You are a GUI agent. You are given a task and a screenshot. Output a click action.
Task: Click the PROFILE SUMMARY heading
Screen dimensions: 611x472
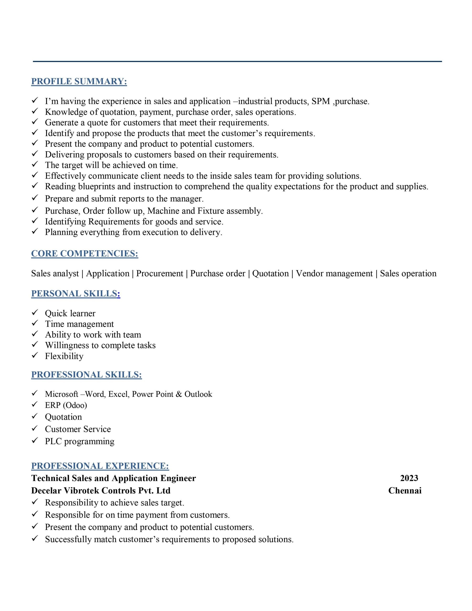(x=79, y=81)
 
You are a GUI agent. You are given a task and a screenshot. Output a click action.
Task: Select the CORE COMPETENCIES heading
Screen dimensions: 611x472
(x=84, y=253)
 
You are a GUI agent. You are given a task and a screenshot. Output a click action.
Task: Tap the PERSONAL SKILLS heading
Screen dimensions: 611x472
(x=76, y=294)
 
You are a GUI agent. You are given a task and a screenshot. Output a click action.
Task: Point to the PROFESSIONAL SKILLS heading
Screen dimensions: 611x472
(x=86, y=375)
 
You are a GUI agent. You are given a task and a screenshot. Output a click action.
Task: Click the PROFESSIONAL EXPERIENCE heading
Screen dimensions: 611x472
(x=100, y=466)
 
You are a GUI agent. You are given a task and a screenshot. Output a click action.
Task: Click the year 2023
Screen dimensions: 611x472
(x=409, y=478)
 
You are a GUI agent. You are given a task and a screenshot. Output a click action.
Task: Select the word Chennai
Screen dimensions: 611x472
(x=404, y=490)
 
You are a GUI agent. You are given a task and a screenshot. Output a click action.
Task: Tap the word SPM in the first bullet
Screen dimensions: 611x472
(x=321, y=101)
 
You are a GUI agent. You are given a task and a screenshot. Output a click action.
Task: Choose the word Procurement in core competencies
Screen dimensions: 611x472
(x=159, y=273)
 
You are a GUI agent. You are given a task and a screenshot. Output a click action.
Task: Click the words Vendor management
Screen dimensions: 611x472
(x=334, y=273)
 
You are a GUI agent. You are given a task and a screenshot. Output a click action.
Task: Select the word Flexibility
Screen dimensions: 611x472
(x=64, y=356)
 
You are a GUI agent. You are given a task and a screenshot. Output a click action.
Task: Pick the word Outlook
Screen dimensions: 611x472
(x=198, y=394)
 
